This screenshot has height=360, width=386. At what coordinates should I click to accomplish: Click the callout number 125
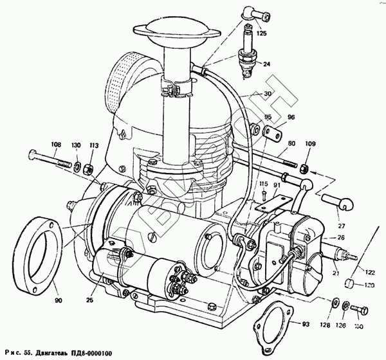261,33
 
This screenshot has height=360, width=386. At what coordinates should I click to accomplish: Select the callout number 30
267,94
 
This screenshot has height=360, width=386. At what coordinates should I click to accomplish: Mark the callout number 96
273,118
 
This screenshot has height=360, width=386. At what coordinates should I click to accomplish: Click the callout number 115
263,185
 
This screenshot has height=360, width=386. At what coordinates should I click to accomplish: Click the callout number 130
77,145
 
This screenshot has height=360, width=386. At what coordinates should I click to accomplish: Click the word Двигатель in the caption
62,351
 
